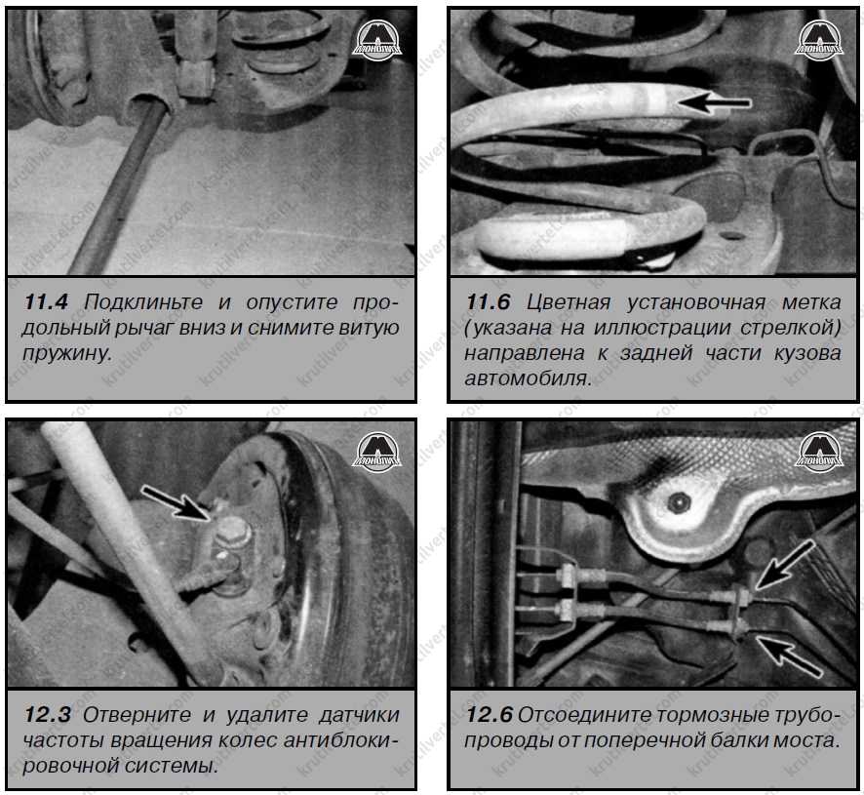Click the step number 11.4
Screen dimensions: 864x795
(x=46, y=302)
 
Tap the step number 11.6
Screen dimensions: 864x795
(x=489, y=302)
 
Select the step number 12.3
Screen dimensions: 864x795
(x=47, y=715)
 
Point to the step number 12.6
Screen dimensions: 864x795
(x=490, y=715)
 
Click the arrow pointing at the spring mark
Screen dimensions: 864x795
(x=714, y=102)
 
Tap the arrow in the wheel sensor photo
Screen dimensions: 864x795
(x=177, y=501)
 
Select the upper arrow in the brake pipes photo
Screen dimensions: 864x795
(x=785, y=564)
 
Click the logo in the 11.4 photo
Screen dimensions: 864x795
(x=376, y=40)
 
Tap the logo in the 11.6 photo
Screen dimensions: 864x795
(x=819, y=40)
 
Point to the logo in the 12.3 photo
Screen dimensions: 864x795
(x=376, y=450)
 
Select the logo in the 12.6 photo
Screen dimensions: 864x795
(x=819, y=450)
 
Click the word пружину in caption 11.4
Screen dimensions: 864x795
(x=66, y=353)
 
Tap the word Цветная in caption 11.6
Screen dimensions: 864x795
(x=569, y=302)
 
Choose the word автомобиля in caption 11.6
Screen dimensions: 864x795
(x=528, y=378)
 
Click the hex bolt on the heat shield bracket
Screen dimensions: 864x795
(x=675, y=502)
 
